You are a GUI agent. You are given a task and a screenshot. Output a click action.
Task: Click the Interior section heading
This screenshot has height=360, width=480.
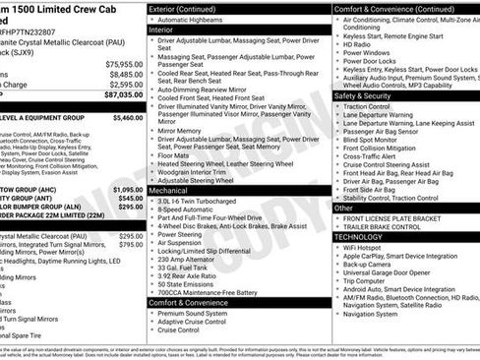[x=160, y=30]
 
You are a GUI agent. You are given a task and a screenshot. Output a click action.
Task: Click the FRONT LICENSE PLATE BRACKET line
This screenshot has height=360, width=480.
[x=404, y=219]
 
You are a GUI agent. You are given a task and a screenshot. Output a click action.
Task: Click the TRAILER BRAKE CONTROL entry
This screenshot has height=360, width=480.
[x=391, y=228]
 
